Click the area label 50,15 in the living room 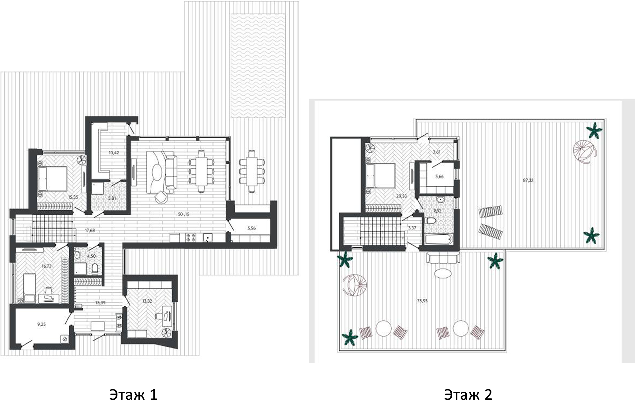pyautogui.click(x=184, y=214)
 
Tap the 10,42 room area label pyautogui.click(x=114, y=153)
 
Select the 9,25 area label pyautogui.click(x=41, y=325)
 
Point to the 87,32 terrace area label pyautogui.click(x=528, y=180)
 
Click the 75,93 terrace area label pyautogui.click(x=422, y=300)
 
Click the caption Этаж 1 pyautogui.click(x=133, y=394)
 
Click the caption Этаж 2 pyautogui.click(x=468, y=394)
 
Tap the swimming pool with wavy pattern pyautogui.click(x=258, y=66)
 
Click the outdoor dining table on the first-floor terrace pyautogui.click(x=252, y=171)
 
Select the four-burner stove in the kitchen pyautogui.click(x=191, y=237)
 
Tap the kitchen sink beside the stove pyautogui.click(x=207, y=237)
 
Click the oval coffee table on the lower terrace pyautogui.click(x=443, y=273)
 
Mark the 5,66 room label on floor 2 pyautogui.click(x=439, y=177)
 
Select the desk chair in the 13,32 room pyautogui.click(x=159, y=316)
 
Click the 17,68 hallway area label pyautogui.click(x=90, y=230)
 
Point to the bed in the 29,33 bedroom pyautogui.click(x=381, y=176)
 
